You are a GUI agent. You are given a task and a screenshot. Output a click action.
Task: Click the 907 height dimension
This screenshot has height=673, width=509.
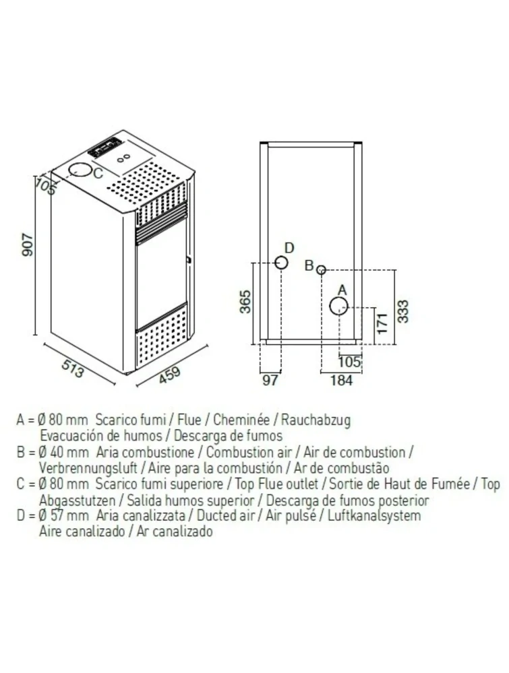pyautogui.click(x=28, y=245)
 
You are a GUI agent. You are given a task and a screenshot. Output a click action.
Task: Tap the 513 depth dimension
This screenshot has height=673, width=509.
pyautogui.click(x=73, y=368)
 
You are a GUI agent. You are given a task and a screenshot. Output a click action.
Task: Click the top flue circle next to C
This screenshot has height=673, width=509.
pyautogui.click(x=80, y=170)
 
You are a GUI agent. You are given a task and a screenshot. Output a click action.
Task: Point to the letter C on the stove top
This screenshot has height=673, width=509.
pyautogui.click(x=98, y=173)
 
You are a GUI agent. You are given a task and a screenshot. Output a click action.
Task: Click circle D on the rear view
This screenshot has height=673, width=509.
pyautogui.click(x=281, y=262)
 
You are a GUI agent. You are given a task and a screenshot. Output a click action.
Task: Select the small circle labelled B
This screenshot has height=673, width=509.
pyautogui.click(x=321, y=270)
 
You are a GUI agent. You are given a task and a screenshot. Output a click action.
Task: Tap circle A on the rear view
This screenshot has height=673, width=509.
pyautogui.click(x=338, y=306)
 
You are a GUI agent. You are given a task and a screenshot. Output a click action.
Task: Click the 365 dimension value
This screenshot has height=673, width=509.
pyautogui.click(x=245, y=302)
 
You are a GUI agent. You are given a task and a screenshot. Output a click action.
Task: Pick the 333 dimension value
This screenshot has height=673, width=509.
pyautogui.click(x=403, y=311)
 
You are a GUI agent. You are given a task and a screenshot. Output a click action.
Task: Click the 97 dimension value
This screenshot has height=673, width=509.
pyautogui.click(x=270, y=380)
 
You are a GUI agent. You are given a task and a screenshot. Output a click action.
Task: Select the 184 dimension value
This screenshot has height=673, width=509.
pyautogui.click(x=342, y=380)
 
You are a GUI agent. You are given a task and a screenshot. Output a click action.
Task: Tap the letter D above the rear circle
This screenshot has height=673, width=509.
pyautogui.click(x=289, y=248)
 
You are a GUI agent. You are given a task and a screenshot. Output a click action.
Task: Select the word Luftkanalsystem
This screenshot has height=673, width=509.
pyautogui.click(x=374, y=515)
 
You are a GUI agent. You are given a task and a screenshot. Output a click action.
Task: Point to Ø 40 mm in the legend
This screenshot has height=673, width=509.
pyautogui.click(x=63, y=452)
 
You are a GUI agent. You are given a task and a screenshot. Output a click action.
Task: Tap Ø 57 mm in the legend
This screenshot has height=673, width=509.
pyautogui.click(x=63, y=515)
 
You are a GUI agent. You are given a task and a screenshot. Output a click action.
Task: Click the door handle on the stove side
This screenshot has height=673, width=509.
pyautogui.click(x=188, y=259)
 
